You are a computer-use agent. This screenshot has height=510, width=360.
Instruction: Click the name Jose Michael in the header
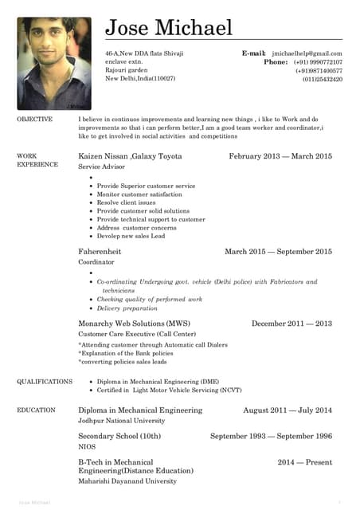169,28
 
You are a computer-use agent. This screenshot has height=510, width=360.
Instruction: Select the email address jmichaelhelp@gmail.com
307,53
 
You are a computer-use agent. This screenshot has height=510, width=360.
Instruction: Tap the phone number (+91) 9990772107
317,62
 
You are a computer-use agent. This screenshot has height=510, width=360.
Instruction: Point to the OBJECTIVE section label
35,119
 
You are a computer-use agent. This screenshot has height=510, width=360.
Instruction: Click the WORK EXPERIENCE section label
37,159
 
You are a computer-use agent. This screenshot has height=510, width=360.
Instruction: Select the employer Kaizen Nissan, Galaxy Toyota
130,156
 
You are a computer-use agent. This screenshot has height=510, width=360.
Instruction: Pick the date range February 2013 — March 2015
280,156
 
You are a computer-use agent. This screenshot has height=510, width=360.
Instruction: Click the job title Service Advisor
101,167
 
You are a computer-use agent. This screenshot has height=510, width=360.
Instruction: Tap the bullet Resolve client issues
126,202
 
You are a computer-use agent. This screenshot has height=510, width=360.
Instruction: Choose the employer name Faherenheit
100,252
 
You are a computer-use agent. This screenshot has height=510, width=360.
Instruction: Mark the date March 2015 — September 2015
278,252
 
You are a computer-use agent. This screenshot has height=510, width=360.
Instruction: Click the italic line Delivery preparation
127,308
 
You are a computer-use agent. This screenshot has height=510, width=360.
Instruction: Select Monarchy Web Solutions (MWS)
134,324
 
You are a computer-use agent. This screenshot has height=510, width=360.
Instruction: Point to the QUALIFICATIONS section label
45,382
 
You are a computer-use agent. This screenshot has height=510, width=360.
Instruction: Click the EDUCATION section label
37,410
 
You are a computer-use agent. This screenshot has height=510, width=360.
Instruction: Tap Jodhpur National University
121,420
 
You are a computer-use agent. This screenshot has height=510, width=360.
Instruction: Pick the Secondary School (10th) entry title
119,437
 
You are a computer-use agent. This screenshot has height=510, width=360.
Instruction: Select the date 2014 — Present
304,462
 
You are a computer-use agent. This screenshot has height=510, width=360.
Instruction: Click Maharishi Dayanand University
127,481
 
